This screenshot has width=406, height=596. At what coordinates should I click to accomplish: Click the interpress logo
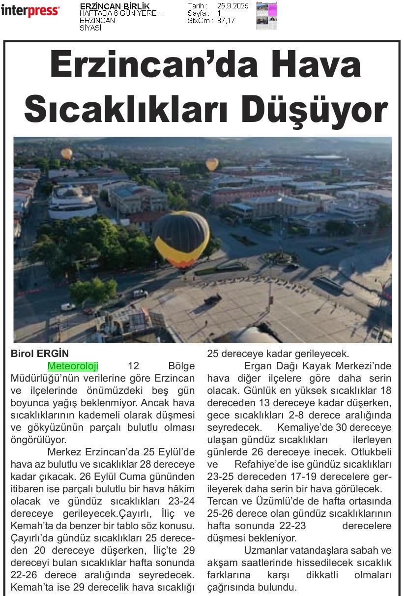30,10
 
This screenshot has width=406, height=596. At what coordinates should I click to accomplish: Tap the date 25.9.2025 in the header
233,6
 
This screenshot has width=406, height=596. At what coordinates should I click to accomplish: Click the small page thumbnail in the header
266,16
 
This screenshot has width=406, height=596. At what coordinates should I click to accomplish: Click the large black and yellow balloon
181,238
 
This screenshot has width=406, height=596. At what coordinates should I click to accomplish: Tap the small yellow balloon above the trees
66,153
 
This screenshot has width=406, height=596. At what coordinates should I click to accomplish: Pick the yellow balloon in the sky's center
212,164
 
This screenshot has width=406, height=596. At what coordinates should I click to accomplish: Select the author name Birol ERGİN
40,353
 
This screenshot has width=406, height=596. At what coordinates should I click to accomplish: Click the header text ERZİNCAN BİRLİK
115,6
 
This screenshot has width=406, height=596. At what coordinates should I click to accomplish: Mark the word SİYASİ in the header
90,28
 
